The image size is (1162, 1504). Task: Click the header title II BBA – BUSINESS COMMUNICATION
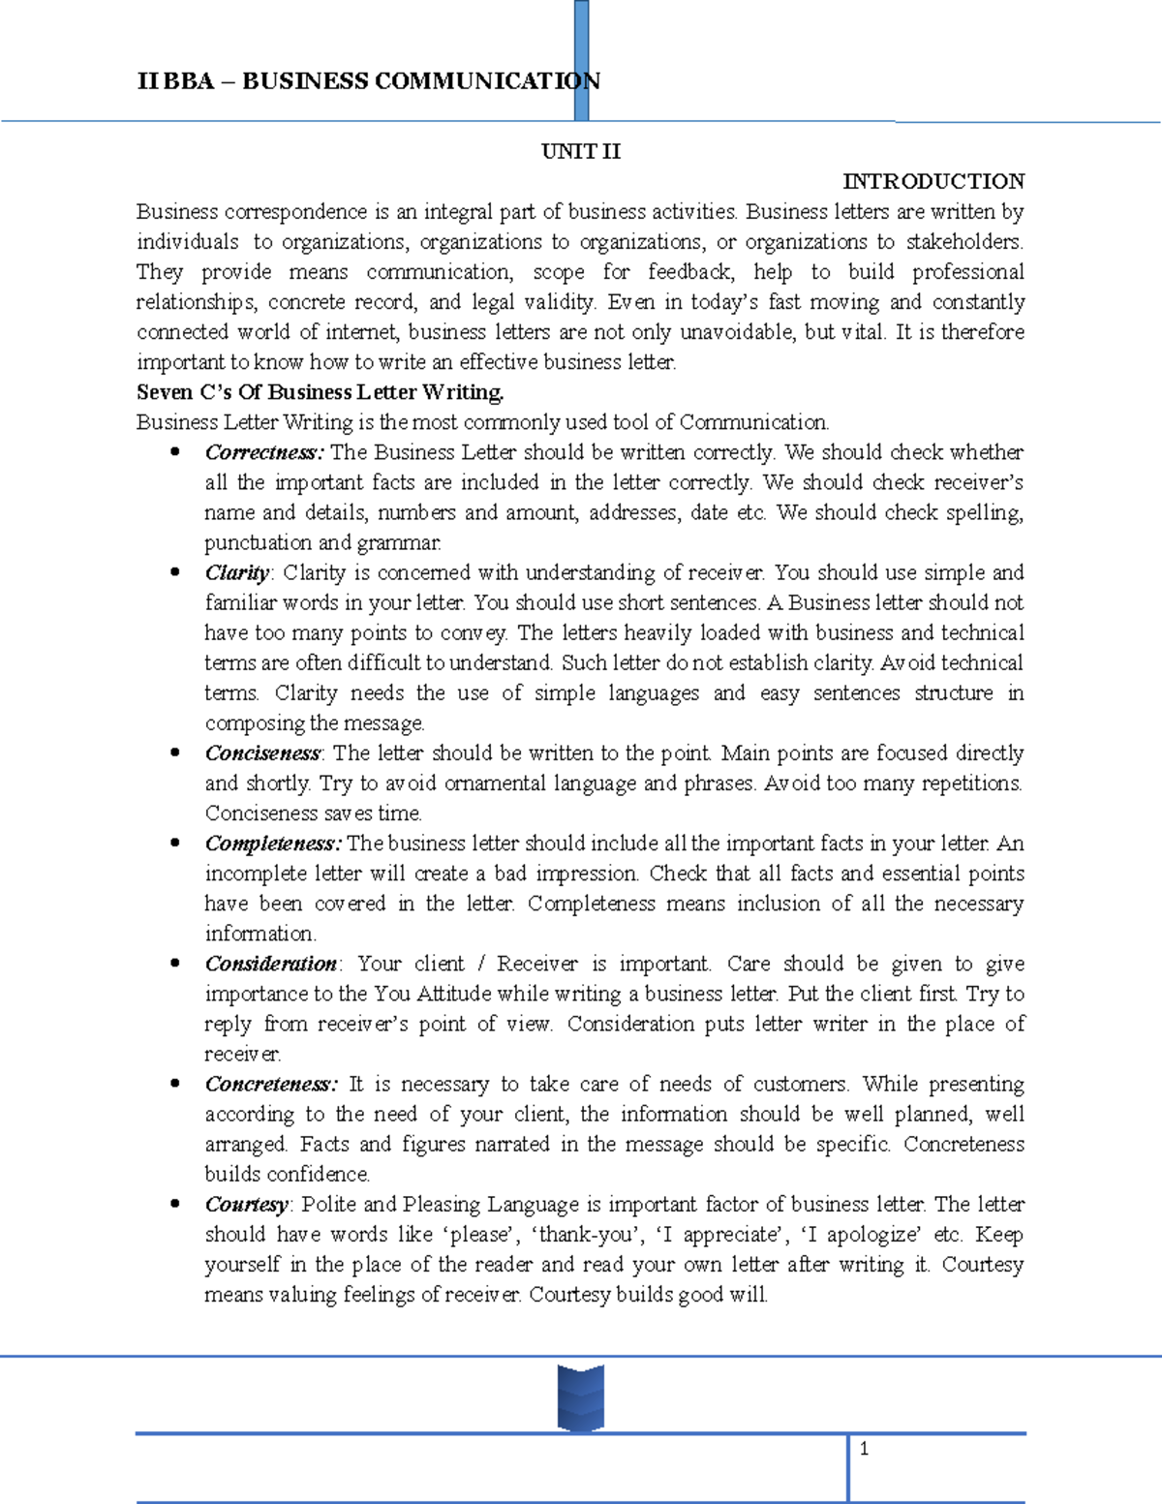[x=368, y=81]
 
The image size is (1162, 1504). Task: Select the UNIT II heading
[x=581, y=151]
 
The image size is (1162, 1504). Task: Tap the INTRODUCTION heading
[x=933, y=181]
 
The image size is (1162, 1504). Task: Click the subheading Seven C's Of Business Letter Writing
[x=320, y=392]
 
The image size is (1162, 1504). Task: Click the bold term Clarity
[x=238, y=572]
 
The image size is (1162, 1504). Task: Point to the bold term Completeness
[x=272, y=844]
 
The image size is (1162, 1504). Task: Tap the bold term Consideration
[x=271, y=964]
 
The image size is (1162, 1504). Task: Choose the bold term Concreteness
[x=270, y=1084]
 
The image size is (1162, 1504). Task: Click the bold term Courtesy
[x=247, y=1205]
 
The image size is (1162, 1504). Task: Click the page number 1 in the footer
[x=864, y=1450]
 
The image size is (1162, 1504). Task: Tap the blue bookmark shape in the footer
[x=581, y=1397]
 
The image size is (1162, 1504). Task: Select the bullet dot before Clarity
[x=175, y=572]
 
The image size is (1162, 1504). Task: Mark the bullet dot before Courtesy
[x=175, y=1204]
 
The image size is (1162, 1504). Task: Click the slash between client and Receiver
[x=480, y=964]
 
